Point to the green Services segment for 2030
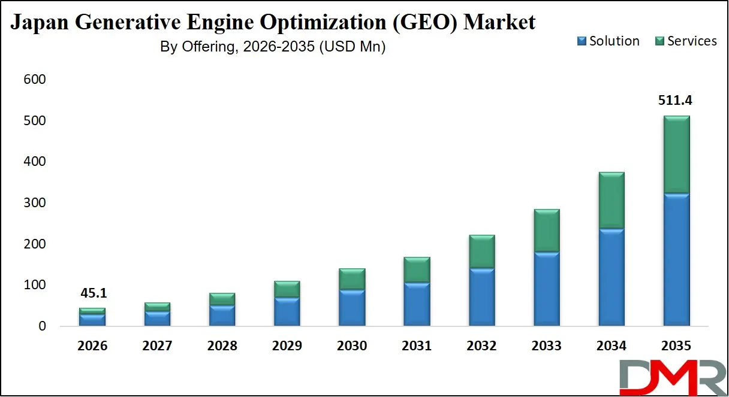coord(352,279)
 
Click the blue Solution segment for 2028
coord(222,316)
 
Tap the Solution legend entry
coord(608,41)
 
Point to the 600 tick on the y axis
coord(35,80)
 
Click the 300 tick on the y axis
coord(35,203)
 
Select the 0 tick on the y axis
coord(42,326)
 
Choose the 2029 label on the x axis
coord(287,346)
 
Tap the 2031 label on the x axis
coord(417,346)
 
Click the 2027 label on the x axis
coord(157,346)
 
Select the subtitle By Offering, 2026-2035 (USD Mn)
coord(273,47)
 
